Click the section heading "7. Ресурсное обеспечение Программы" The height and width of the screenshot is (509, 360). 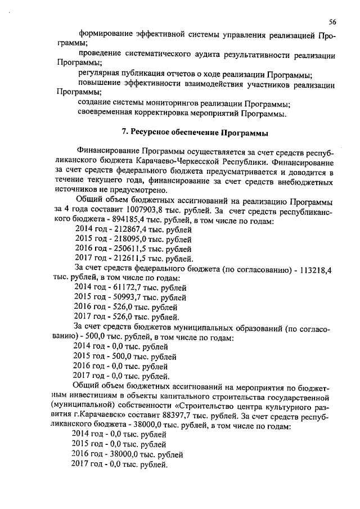coord(195,133)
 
